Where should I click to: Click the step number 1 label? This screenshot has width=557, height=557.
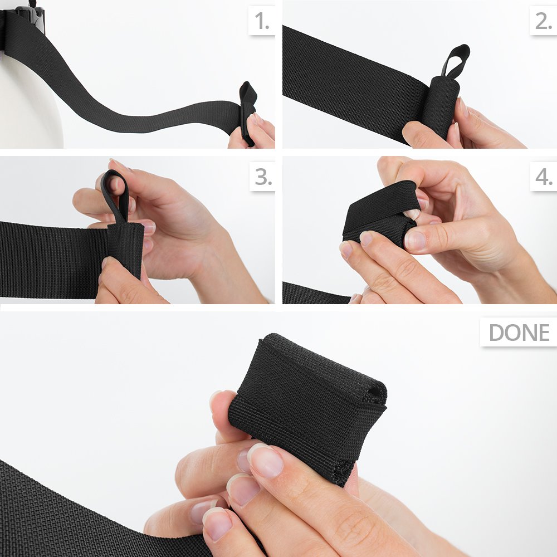[262, 21]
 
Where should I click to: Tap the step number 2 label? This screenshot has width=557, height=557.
[544, 21]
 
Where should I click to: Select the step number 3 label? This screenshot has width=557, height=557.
[263, 177]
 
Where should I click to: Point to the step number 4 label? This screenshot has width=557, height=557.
[544, 177]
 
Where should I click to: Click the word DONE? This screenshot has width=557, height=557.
[519, 333]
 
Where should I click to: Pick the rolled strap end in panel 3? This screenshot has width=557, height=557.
[125, 248]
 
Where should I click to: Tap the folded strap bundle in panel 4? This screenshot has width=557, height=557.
[380, 213]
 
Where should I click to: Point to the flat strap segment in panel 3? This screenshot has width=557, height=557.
[53, 260]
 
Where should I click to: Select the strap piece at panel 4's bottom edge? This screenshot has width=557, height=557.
[316, 294]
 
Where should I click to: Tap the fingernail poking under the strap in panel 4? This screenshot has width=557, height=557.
[412, 213]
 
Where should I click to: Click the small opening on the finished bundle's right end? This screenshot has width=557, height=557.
[374, 392]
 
